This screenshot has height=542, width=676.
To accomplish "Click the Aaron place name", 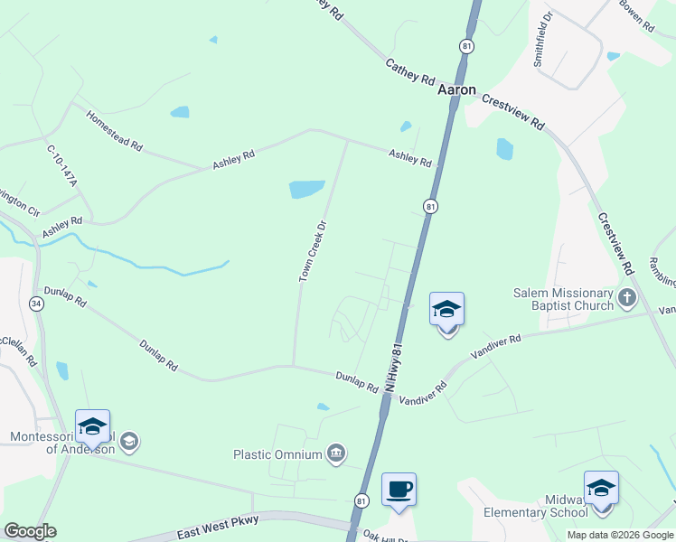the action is [x=456, y=90].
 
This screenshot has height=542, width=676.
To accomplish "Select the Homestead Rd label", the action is [x=115, y=132].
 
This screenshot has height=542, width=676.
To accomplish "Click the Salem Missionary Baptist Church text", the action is [x=564, y=299].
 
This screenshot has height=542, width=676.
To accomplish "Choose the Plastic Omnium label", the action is [x=277, y=454].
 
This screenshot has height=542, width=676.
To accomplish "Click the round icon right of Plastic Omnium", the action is [x=336, y=453].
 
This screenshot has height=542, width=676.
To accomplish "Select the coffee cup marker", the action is [x=399, y=491].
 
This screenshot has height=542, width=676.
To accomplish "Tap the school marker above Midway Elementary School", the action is [x=601, y=489].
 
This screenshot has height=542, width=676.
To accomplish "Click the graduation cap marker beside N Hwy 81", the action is [x=446, y=311].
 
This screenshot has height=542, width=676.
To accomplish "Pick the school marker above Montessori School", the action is [x=92, y=427].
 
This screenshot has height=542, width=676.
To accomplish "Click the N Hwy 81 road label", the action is [x=391, y=366].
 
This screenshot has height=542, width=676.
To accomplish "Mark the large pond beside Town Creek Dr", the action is [x=306, y=189].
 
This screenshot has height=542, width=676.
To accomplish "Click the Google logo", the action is [x=30, y=531].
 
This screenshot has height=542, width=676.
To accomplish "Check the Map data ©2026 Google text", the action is [x=620, y=535].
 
